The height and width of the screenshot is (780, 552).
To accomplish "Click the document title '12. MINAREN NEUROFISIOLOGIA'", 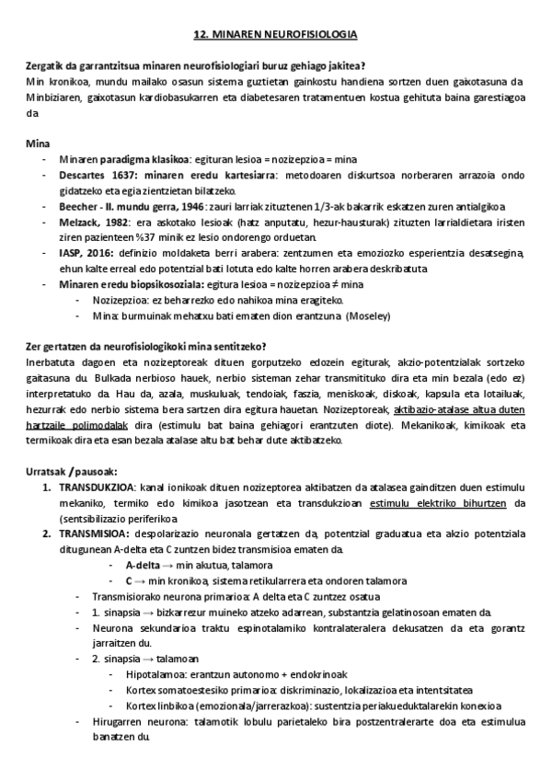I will coord(276,34).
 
